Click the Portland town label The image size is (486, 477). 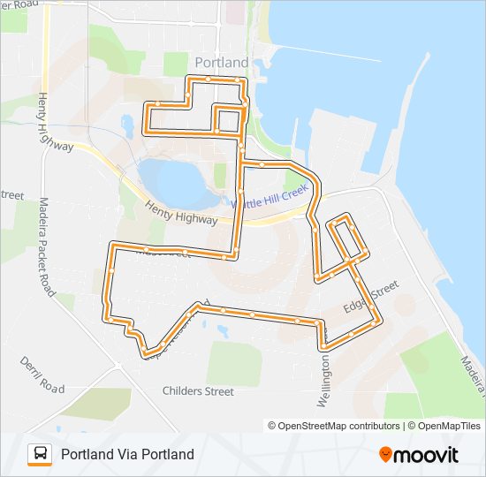point(221,63)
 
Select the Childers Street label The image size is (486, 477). point(198,390)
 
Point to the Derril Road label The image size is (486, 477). point(42,376)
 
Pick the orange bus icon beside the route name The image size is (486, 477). point(40,454)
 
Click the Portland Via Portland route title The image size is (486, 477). point(127,455)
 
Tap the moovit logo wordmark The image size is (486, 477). point(426,455)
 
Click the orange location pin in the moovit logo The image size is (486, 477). point(385,454)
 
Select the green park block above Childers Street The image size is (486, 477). point(234,363)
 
